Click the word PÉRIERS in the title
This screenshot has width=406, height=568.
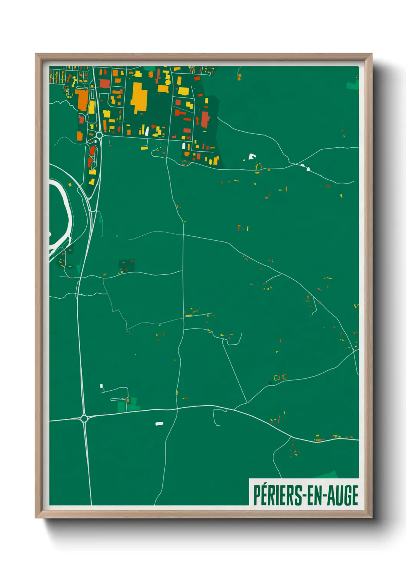pyautogui.click(x=277, y=495)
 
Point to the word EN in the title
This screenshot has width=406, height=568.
pyautogui.click(x=314, y=495)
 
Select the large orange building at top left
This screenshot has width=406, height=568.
pyautogui.click(x=83, y=100)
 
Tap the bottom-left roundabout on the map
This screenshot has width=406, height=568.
pyautogui.click(x=84, y=418)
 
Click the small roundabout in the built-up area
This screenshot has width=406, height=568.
pyautogui.click(x=99, y=135)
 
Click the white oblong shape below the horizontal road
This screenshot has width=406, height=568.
pyautogui.click(x=159, y=424)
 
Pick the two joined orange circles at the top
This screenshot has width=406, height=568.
pyautogui.click(x=239, y=76)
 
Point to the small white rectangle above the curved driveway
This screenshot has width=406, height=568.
pyautogui.click(x=101, y=386)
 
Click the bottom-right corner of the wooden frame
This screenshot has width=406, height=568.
pyautogui.click(x=371, y=517)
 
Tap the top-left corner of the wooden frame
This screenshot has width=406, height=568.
pyautogui.click(x=36, y=54)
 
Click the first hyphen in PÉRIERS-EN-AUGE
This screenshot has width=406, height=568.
pyautogui.click(x=304, y=496)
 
